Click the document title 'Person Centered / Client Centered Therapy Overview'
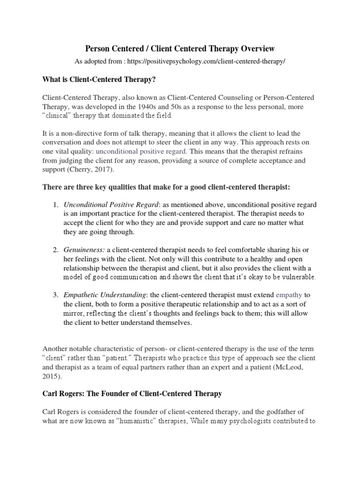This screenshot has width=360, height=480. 180,48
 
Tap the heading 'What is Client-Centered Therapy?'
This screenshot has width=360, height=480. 98,80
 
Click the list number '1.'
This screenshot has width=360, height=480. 55,205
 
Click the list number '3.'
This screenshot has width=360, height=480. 55,295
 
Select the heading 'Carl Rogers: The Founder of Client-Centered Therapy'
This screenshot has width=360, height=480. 132,394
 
